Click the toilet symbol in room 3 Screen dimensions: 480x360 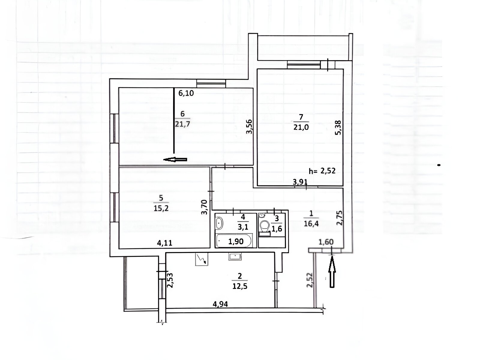[x=265, y=228]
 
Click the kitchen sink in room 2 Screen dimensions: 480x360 [x=235, y=256]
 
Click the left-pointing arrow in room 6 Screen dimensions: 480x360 [x=175, y=160]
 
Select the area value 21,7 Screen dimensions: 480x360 [x=182, y=124]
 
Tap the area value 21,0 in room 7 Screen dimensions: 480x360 [x=301, y=127]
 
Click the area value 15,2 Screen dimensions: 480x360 [x=161, y=208]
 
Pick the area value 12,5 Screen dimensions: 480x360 [x=240, y=286]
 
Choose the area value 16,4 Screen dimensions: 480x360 [x=311, y=223]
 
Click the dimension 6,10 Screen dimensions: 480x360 [x=186, y=93]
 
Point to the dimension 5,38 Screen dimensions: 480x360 [x=338, y=128]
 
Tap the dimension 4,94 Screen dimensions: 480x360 [x=220, y=304]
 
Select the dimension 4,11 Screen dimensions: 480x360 [x=165, y=243]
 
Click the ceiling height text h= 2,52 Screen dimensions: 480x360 [x=322, y=171]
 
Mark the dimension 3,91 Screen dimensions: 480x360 [x=300, y=182]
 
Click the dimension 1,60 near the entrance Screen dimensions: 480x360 [x=326, y=242]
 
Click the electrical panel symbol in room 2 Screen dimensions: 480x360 [x=202, y=259]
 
